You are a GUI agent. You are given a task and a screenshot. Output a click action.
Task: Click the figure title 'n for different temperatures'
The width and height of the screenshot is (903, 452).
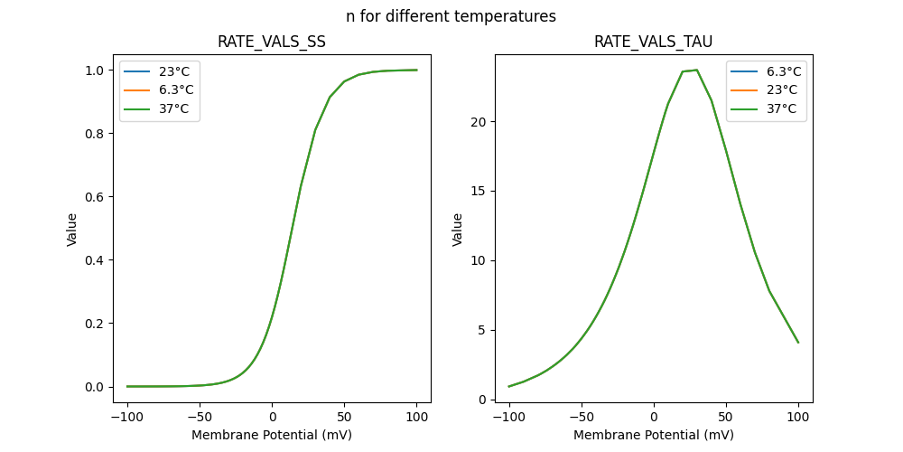point(451,16)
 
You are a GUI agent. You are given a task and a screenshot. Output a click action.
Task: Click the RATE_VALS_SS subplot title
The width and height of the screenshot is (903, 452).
point(272,42)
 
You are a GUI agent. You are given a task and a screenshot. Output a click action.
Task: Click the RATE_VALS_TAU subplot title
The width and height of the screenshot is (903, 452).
point(653,42)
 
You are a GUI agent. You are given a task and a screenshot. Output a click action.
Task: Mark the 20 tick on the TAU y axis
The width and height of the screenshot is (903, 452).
point(479,122)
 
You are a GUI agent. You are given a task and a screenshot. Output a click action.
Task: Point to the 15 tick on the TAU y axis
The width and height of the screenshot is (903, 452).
point(479,192)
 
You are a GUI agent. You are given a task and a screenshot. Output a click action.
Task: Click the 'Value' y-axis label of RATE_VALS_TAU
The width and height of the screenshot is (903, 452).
point(458,229)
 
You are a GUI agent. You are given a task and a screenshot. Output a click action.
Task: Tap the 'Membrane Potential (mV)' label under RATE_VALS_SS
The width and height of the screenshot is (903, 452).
point(272,435)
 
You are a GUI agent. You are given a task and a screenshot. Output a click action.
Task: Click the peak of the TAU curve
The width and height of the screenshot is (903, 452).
point(696,70)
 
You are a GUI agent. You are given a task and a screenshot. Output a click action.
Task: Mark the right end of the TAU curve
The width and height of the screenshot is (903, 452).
point(798,343)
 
